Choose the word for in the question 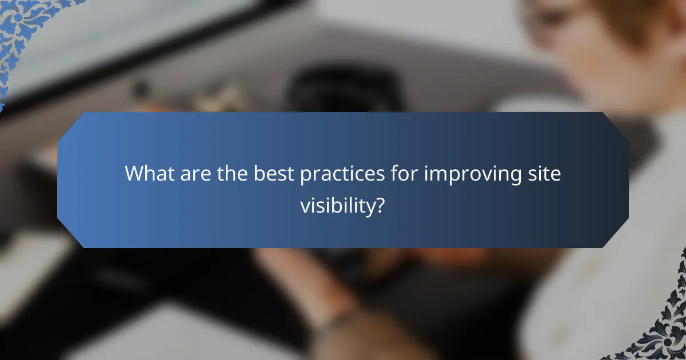pos(402,174)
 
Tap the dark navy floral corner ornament pos(663,331)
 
